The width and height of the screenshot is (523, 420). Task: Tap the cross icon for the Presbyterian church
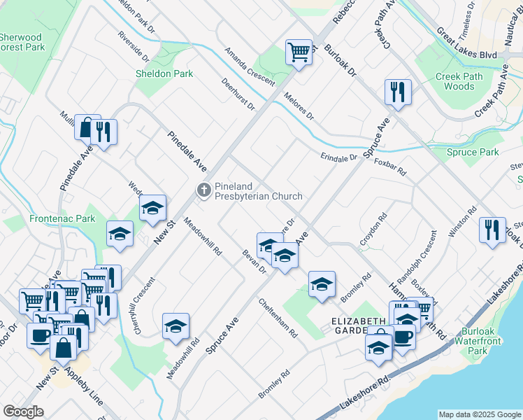point(203,190)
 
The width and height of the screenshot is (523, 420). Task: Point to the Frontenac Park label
point(62,218)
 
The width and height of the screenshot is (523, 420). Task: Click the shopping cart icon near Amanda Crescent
point(299,52)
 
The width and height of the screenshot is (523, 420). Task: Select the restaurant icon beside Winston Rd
point(492,230)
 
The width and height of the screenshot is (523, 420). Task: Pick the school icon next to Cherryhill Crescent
point(176,325)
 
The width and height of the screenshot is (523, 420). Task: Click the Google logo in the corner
point(23,411)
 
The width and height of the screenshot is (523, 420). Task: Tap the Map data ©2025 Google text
point(479,414)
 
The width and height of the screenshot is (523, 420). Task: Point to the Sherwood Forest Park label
point(21,42)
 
